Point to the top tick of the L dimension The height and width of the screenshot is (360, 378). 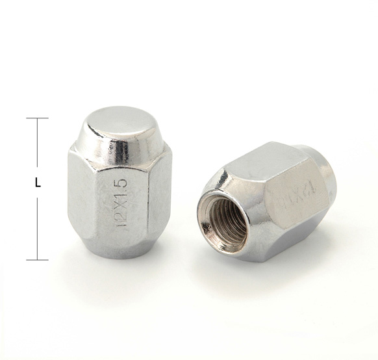tap(37, 118)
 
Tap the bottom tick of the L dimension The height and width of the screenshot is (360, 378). tap(37, 259)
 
